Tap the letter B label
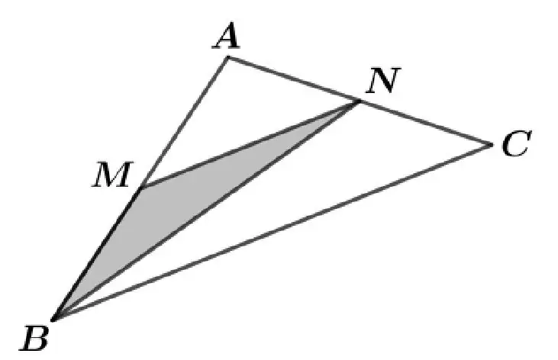click(x=34, y=339)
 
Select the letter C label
click(x=517, y=143)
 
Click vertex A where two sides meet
click(x=227, y=58)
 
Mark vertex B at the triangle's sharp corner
click(x=53, y=320)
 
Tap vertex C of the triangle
click(x=492, y=144)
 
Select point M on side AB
click(x=141, y=188)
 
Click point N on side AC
click(x=359, y=101)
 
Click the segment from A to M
click(x=184, y=123)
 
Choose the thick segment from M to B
click(x=97, y=254)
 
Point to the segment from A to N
click(x=293, y=79)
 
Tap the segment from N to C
click(x=425, y=123)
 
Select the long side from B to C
click(x=273, y=232)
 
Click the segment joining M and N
click(x=250, y=144)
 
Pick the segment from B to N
click(x=206, y=211)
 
